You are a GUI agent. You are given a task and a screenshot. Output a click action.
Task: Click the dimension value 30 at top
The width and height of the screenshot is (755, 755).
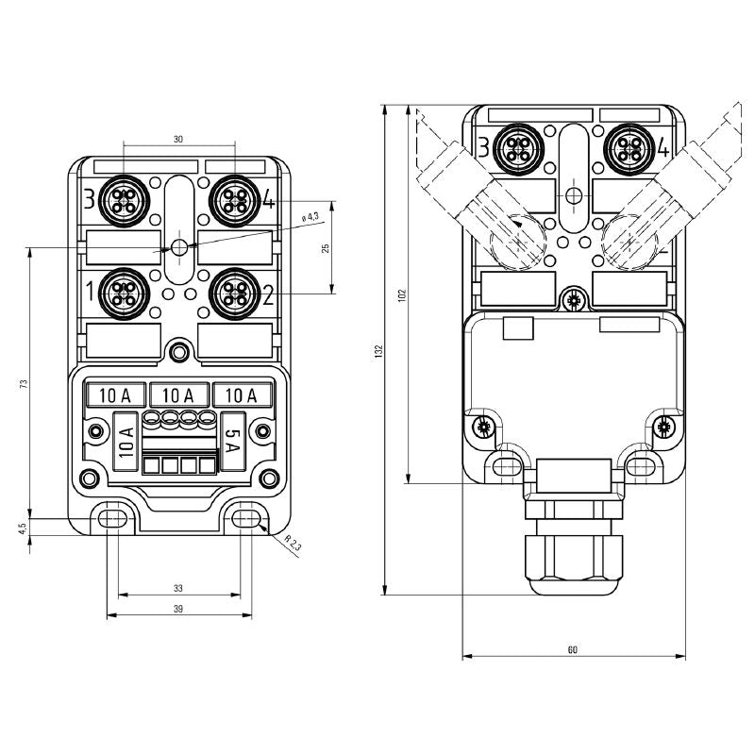pos(178,139)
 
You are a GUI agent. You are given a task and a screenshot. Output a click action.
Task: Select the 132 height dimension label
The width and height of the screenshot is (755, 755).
pos(378,350)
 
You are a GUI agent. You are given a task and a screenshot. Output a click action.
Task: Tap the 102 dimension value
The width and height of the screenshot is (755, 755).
pos(402,294)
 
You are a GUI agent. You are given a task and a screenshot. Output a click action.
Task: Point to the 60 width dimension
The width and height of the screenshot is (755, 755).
pos(573,649)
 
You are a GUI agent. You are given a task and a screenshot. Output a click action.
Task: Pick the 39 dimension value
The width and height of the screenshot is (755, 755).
pos(178,609)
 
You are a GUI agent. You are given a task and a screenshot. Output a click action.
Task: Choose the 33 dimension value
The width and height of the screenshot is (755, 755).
pos(178,588)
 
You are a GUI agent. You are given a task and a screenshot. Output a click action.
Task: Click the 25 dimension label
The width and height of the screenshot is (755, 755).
pos(326,248)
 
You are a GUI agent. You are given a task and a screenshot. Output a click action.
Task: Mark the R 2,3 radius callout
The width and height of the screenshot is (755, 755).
pos(292,545)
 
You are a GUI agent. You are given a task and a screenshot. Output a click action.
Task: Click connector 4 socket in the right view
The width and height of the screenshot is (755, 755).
pos(628,146)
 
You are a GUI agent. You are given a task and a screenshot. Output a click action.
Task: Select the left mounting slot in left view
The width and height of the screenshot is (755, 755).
pos(112,517)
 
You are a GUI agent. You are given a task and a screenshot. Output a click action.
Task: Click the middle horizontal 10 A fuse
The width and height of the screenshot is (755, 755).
pos(178,394)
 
